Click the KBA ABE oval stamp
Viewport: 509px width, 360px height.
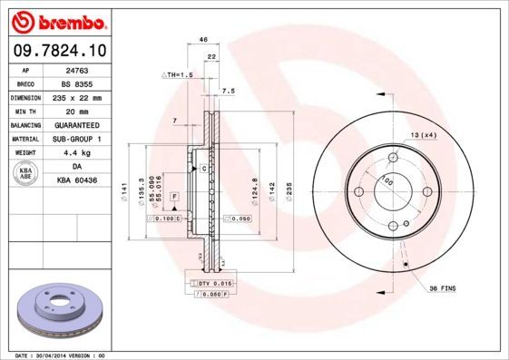click(x=26, y=174)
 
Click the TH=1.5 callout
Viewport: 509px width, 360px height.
click(x=178, y=74)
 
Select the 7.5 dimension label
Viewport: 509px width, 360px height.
click(x=229, y=91)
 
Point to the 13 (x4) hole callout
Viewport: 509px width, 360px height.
click(x=424, y=134)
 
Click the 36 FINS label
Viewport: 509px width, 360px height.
click(x=443, y=287)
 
